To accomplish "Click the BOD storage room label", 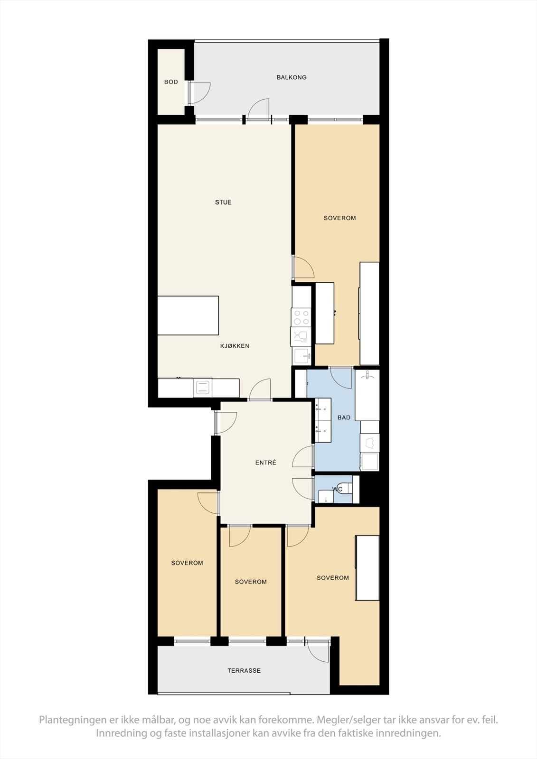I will coord(171,82).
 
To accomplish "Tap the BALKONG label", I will coord(292,77).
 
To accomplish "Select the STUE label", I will coord(223,203).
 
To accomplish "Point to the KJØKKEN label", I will coord(235,346).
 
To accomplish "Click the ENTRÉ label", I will coord(265,463).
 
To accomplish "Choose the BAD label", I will coord(344,417).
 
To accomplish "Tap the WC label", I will coord(337,489).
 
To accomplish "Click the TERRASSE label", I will coord(244,671).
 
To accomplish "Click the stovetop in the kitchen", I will coord(301,317).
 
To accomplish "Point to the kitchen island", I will coord(188,315).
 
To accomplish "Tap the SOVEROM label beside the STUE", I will coord(339,218).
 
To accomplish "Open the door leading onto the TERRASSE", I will coord(318,651).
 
